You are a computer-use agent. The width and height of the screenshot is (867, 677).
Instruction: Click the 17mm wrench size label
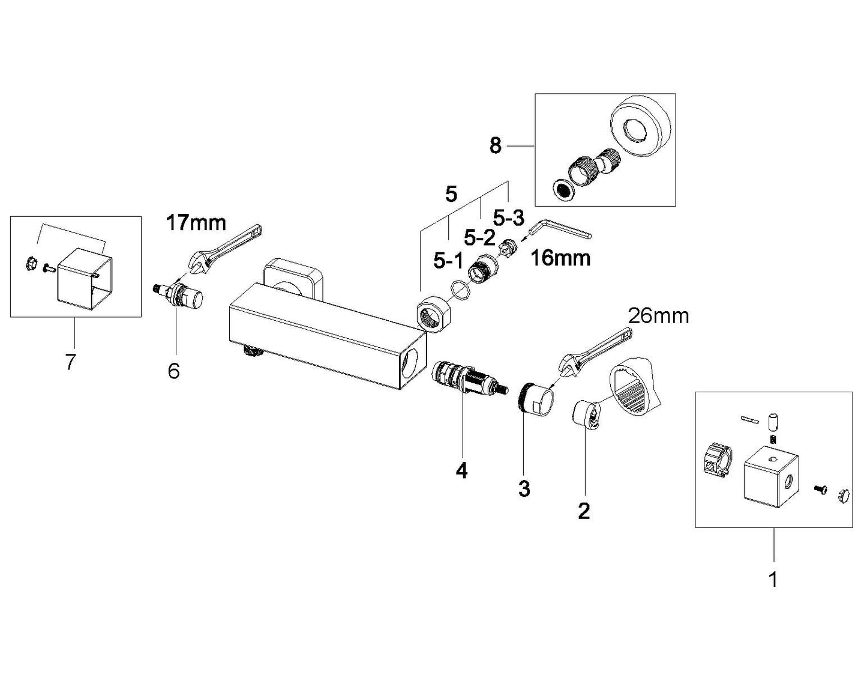point(196,223)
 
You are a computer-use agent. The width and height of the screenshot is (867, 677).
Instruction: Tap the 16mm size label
point(560,258)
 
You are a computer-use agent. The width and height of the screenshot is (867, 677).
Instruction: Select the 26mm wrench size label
point(658,315)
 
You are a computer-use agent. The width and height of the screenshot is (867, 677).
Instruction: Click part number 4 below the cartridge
point(461,470)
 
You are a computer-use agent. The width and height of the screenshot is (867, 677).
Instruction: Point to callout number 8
point(495,145)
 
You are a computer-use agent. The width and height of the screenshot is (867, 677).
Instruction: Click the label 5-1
point(448,261)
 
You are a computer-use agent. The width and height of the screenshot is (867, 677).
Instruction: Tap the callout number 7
point(70,362)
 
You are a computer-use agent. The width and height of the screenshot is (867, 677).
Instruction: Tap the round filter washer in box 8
point(563,190)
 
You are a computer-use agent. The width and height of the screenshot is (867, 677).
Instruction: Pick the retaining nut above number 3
point(536,398)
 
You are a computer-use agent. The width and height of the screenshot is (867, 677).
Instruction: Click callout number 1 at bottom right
point(773,580)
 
